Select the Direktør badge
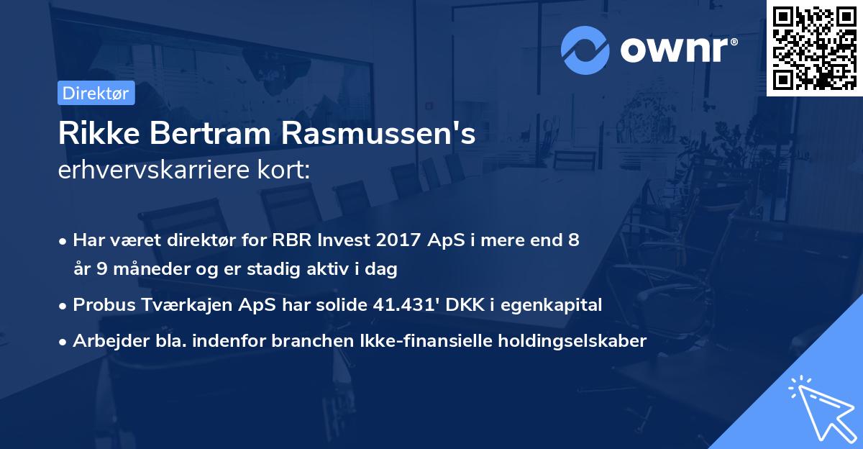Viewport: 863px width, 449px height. pyautogui.click(x=96, y=93)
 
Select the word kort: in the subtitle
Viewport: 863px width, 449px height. pyautogui.click(x=286, y=171)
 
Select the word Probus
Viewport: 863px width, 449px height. pyautogui.click(x=101, y=305)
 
